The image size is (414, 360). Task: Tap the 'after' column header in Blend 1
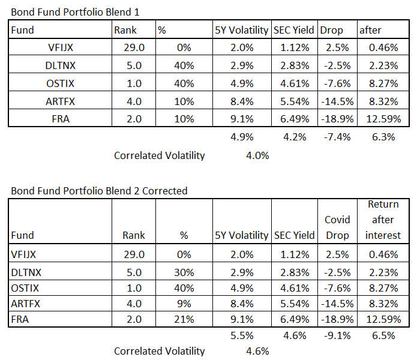click(x=371, y=29)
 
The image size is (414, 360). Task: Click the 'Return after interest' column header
click(x=382, y=220)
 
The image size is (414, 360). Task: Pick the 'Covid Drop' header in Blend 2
click(x=337, y=227)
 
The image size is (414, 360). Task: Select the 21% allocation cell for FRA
click(x=184, y=319)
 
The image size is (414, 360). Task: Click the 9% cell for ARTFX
click(x=184, y=303)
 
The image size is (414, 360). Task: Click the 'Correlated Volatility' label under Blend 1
click(x=159, y=156)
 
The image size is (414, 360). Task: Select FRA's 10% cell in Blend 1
click(x=184, y=118)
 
